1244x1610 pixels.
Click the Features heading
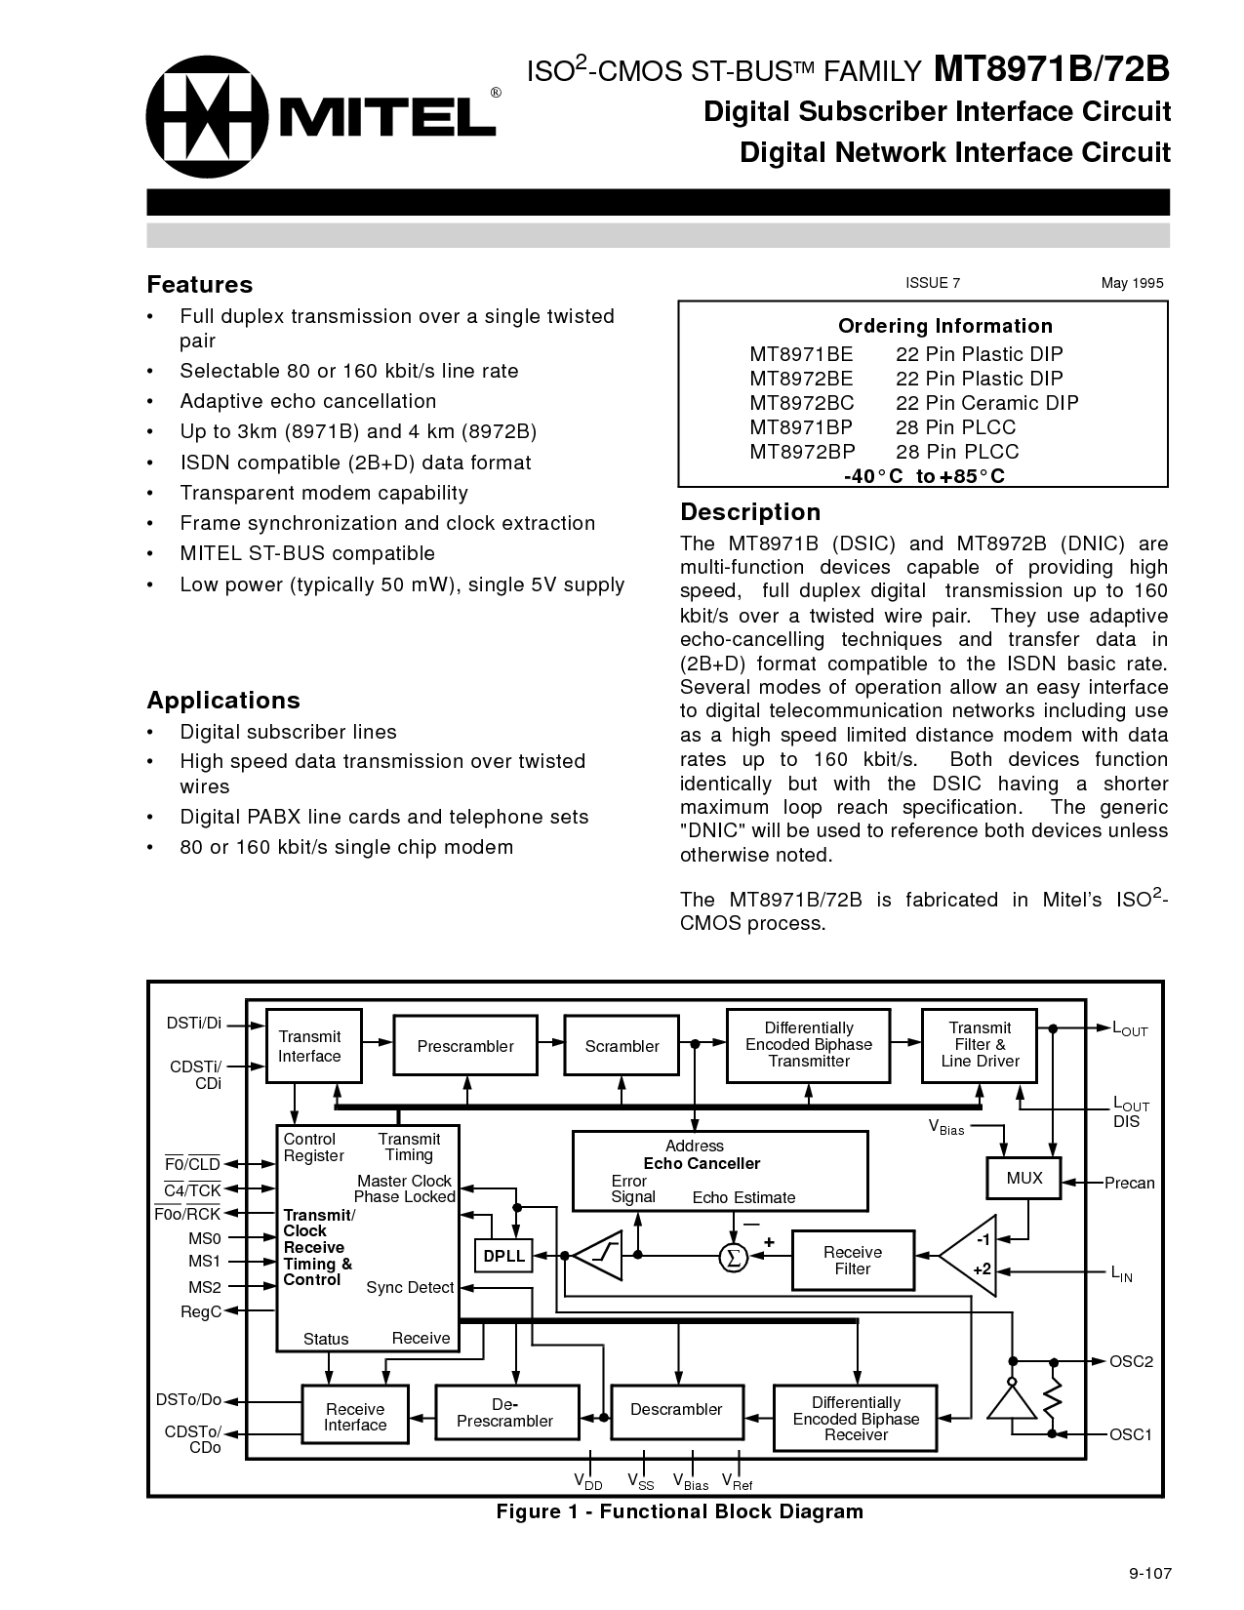coord(199,285)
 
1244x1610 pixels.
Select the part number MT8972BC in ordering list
coord(801,403)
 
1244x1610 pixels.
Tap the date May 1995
coord(1132,283)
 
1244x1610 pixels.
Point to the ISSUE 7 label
coord(933,283)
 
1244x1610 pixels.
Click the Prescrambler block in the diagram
coord(465,1047)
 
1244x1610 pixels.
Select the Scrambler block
coord(622,1047)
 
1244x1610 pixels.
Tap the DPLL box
coord(503,1257)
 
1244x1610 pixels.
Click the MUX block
coord(1023,1179)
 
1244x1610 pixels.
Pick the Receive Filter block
coord(852,1261)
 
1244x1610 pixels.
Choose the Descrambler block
coord(676,1410)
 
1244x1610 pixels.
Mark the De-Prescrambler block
coord(504,1413)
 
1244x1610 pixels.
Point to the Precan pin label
coord(1129,1184)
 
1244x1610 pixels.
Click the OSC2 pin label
coord(1131,1361)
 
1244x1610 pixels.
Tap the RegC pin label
coord(201,1312)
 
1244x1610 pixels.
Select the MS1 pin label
coord(205,1263)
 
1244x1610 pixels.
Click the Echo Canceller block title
coord(702,1164)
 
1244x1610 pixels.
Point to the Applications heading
coord(223,701)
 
